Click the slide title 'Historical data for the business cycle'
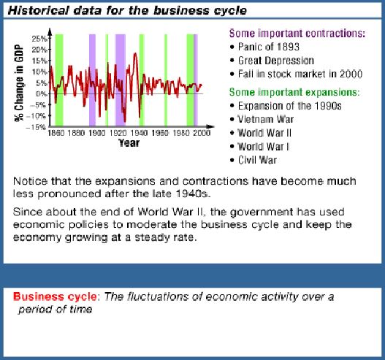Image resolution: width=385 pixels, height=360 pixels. tap(127, 10)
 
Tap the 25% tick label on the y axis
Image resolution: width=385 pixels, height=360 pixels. tap(39, 39)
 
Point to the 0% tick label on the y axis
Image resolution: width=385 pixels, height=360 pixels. tap(41, 93)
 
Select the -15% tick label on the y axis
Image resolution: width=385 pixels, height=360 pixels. tap(36, 127)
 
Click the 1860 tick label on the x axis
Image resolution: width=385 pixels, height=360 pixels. tap(56, 133)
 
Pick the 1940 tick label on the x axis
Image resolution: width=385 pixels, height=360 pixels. tap(139, 133)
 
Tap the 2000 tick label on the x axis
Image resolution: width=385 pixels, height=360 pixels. tap(202, 133)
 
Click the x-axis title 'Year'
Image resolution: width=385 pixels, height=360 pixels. tap(129, 143)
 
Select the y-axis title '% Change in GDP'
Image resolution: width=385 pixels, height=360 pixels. tap(19, 83)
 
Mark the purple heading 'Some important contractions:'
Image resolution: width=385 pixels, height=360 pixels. tap(297, 34)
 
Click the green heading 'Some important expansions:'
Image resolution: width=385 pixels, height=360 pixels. tap(294, 93)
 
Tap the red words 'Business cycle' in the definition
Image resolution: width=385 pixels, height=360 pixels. tap(55, 296)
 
